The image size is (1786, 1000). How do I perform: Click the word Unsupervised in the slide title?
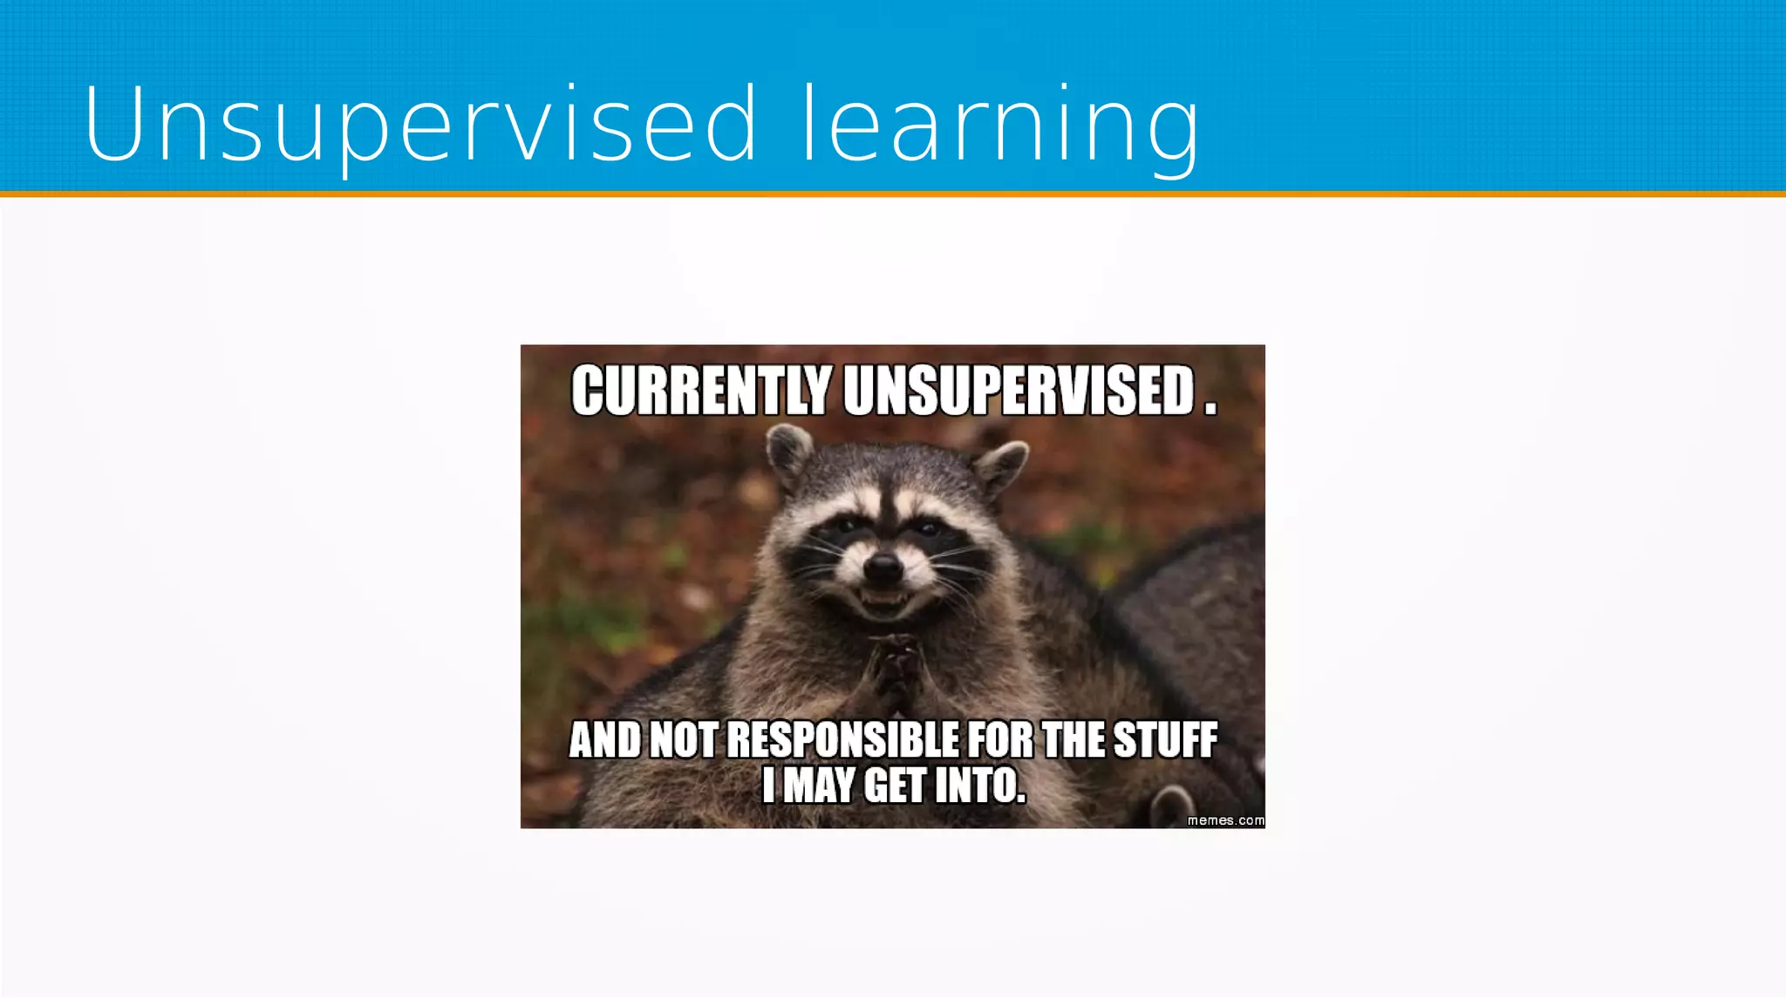tap(419, 124)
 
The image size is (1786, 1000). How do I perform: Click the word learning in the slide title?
tap(999, 124)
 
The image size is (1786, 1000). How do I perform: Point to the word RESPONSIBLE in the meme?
tap(842, 740)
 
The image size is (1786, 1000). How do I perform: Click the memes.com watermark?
tap(1225, 820)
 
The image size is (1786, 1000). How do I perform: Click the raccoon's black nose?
tap(883, 568)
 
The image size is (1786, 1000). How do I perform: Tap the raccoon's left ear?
tap(788, 453)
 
